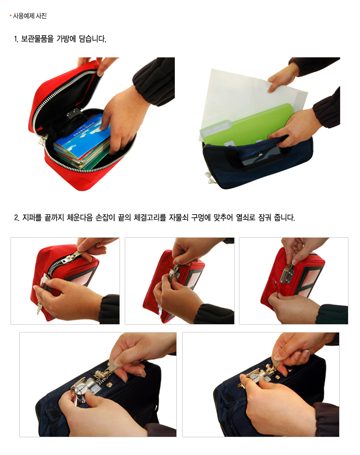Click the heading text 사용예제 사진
click(x=30, y=16)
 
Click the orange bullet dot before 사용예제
click(x=11, y=16)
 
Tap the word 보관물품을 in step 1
click(x=37, y=39)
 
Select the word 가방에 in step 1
click(x=66, y=39)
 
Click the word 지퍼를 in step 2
click(x=32, y=217)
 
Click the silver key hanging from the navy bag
click(x=209, y=177)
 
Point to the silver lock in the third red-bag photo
click(x=287, y=275)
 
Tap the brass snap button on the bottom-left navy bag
click(x=110, y=385)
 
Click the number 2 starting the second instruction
click(x=16, y=217)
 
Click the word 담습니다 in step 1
click(x=92, y=39)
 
